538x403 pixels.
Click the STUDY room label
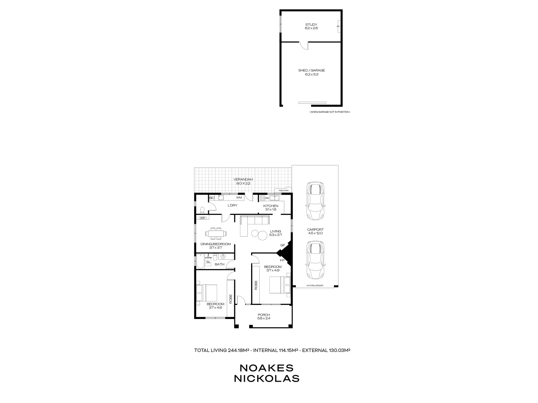point(311,25)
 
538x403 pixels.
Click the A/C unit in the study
point(338,26)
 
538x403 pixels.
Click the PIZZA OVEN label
point(281,191)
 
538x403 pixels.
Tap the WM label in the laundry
point(239,197)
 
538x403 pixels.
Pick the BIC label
point(212,198)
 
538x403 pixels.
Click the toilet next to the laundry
point(202,210)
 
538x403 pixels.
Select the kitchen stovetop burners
point(262,198)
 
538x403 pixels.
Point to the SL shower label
point(208,262)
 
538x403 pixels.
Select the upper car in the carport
point(315,201)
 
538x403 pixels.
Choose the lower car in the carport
point(315,260)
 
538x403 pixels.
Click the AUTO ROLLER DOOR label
point(315,286)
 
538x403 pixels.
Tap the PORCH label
point(264,315)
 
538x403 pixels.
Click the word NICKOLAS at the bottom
point(267,378)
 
